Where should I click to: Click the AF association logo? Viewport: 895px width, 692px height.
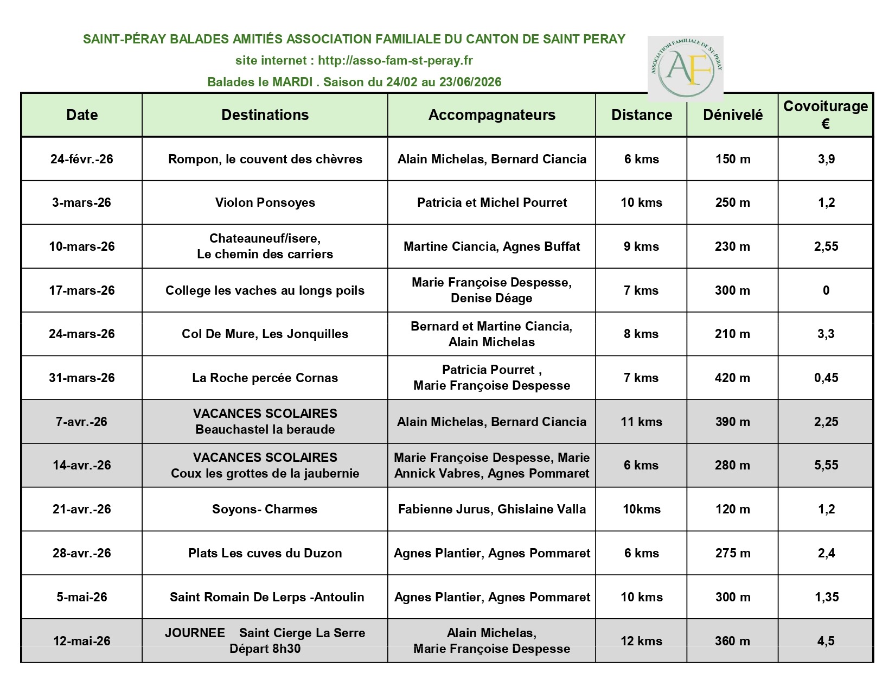point(685,68)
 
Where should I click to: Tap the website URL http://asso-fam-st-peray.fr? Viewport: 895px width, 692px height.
point(395,60)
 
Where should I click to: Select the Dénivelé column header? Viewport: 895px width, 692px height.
point(732,115)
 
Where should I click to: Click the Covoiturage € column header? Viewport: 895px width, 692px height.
point(825,115)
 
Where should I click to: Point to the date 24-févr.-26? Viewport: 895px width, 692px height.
point(82,159)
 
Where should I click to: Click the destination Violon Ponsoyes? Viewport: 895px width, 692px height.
point(265,202)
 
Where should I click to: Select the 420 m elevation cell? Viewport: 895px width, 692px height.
point(732,378)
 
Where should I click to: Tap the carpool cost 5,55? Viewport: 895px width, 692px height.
point(826,465)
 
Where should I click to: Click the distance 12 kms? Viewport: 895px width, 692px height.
point(641,641)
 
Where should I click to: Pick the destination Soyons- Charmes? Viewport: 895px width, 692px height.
point(265,509)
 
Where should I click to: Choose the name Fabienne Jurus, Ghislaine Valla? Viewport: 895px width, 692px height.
point(491,509)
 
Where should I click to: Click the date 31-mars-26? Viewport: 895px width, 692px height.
point(82,378)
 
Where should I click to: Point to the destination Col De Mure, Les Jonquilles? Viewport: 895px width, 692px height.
point(265,334)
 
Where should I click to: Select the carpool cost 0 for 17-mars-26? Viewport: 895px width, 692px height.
point(826,290)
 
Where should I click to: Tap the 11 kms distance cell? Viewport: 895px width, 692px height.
point(641,422)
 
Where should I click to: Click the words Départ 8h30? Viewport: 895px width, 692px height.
point(265,649)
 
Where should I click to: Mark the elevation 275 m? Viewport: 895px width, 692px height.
point(732,553)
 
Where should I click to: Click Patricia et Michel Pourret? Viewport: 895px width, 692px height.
point(491,202)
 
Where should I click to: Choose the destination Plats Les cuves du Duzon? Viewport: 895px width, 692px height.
point(265,553)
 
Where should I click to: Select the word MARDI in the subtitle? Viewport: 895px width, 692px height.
point(292,82)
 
